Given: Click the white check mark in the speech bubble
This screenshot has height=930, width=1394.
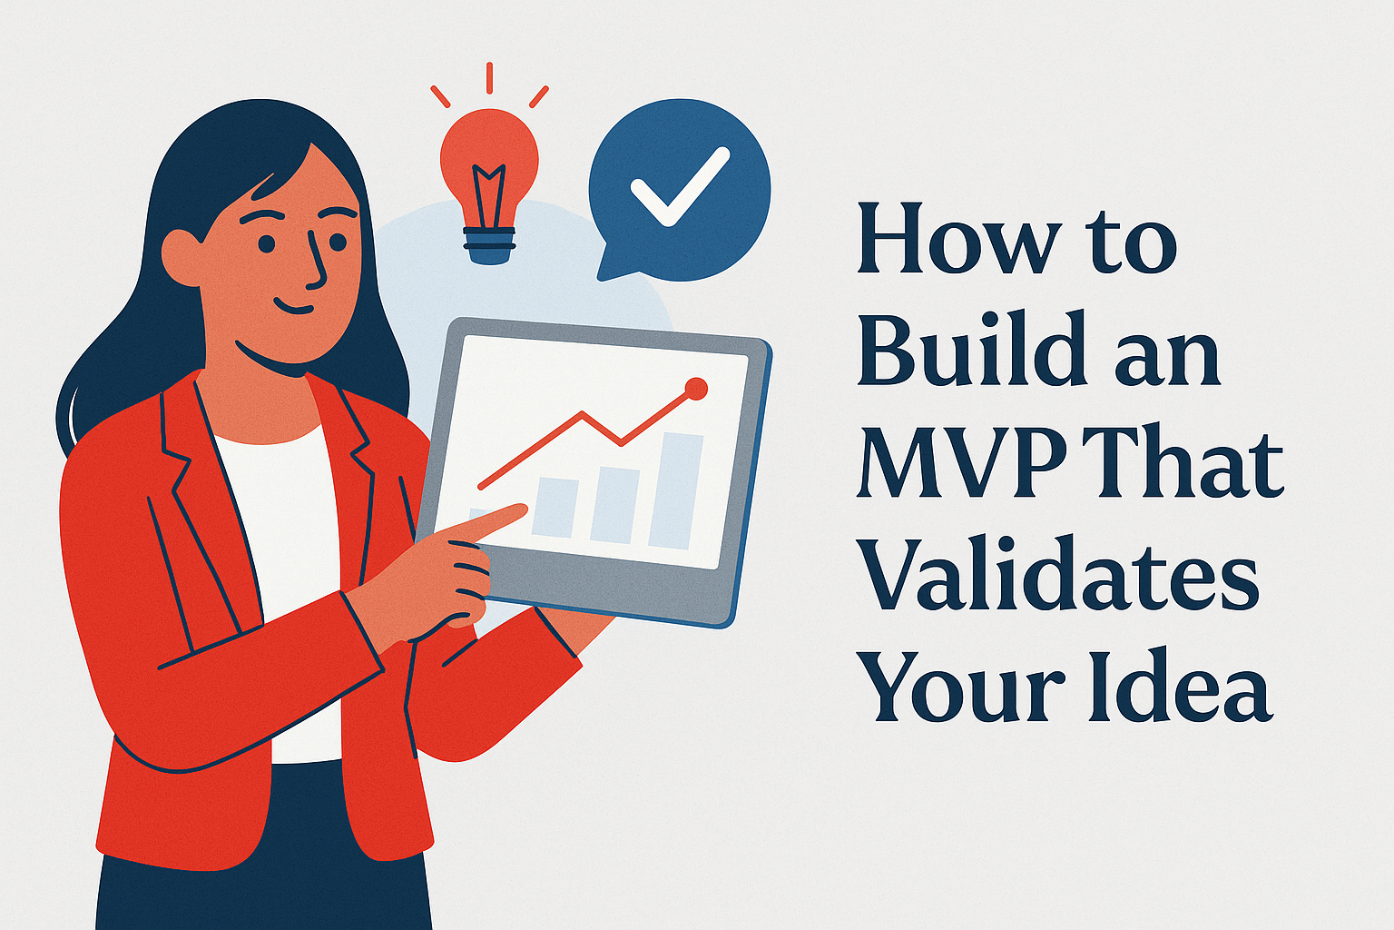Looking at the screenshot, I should pos(679,186).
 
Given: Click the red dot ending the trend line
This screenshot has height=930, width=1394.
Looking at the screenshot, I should pos(696,389).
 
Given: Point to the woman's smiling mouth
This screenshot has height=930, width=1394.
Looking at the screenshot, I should pos(299,305).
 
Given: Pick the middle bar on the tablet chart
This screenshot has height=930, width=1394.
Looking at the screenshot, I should pos(614,505).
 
